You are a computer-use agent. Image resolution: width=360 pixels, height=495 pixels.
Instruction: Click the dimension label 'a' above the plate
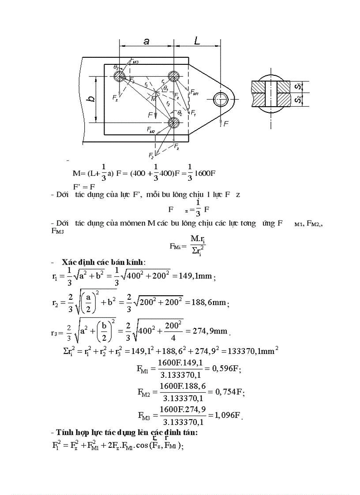coord(146,41)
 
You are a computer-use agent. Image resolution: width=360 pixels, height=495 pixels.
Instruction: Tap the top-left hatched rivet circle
coord(119,76)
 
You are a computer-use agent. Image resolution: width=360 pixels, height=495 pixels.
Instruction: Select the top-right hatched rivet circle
coord(173,76)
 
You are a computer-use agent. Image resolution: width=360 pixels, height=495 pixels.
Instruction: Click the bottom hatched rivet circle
coord(173,123)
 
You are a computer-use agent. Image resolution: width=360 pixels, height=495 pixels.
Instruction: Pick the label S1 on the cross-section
coord(299,86)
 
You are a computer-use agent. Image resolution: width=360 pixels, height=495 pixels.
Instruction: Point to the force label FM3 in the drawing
coord(135,62)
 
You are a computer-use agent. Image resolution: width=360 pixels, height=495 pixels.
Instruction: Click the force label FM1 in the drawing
coord(195,93)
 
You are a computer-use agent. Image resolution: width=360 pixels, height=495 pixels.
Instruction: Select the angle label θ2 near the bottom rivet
coord(180,113)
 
